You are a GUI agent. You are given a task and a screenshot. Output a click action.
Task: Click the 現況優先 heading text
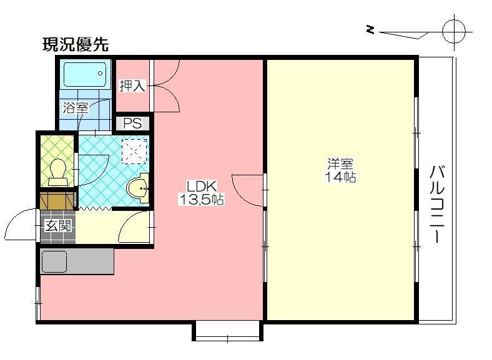pyautogui.click(x=76, y=45)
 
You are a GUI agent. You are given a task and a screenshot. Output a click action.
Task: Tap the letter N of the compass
pyautogui.click(x=371, y=30)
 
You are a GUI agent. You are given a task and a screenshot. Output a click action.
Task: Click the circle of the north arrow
pyautogui.click(x=454, y=32)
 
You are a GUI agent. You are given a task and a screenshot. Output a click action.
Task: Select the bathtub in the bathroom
pyautogui.click(x=85, y=74)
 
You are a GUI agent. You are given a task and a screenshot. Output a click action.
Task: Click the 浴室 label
pyautogui.click(x=76, y=107)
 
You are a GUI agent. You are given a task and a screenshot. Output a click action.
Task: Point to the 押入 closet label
pyautogui.click(x=132, y=85)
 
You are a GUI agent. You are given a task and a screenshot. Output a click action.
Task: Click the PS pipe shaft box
pyautogui.click(x=132, y=124)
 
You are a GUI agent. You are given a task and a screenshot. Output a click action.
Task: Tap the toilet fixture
pyautogui.click(x=57, y=172)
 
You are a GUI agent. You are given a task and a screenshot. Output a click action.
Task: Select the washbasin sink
pyautogui.click(x=138, y=188)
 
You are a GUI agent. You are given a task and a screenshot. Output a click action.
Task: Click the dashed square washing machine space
pyautogui.click(x=134, y=152)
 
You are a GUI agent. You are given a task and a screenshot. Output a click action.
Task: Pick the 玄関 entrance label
pyautogui.click(x=58, y=225)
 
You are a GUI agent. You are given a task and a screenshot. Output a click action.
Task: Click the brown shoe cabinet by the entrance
pyautogui.click(x=57, y=201)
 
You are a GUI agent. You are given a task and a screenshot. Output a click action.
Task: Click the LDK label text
pyautogui.click(x=202, y=187)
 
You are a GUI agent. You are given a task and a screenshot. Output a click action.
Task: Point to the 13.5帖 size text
pyautogui.click(x=202, y=199)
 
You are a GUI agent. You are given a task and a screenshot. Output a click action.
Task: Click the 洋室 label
pyautogui.click(x=340, y=163)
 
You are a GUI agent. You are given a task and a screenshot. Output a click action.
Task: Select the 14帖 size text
pyautogui.click(x=340, y=177)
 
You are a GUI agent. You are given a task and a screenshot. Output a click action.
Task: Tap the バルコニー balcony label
pyautogui.click(x=438, y=204)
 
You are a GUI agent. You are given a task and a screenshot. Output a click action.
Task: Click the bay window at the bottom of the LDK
pyautogui.click(x=227, y=331)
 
